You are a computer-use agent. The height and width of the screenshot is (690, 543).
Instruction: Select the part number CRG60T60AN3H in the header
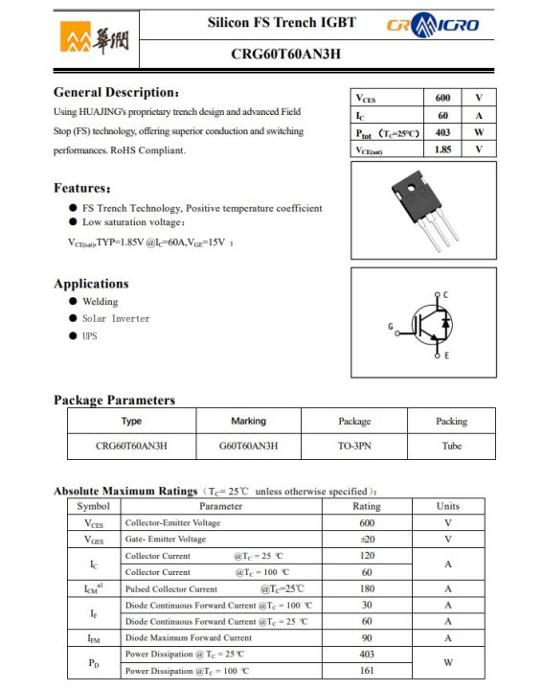coord(285,54)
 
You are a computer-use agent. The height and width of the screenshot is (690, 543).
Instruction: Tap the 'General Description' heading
coord(116,93)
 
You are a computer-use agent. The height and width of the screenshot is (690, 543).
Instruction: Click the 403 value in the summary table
coord(442,132)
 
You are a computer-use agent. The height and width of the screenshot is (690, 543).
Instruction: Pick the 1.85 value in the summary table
coord(442,149)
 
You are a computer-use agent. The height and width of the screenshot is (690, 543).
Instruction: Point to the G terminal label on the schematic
coord(391,328)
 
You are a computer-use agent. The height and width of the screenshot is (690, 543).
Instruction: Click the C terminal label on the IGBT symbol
coord(445,293)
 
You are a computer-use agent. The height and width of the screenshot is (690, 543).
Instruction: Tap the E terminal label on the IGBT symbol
coord(445,356)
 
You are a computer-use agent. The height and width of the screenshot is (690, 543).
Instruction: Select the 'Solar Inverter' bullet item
coord(116,318)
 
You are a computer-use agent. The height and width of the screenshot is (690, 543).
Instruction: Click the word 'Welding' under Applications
coord(101,301)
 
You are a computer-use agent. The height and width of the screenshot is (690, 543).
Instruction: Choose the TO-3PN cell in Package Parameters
coord(353,446)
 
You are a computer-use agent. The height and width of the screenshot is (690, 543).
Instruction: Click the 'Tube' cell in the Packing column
coord(451,446)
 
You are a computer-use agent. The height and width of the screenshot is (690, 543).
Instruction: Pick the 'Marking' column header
coord(248,421)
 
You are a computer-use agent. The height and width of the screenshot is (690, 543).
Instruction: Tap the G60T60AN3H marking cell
coord(248,446)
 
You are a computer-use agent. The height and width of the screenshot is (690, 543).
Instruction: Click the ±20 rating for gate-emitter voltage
coord(366,539)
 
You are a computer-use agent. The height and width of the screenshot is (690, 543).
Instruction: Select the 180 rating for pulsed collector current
coord(366,588)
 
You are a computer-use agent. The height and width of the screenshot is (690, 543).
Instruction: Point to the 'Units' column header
coord(447,506)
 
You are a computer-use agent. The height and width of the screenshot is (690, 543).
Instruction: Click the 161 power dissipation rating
coord(366,671)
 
